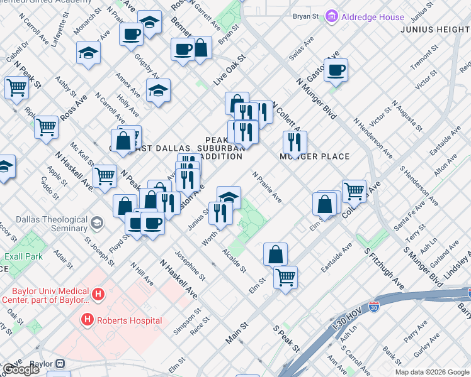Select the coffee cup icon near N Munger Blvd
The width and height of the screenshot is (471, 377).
tap(336, 70)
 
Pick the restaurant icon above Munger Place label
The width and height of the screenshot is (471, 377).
tap(294, 142)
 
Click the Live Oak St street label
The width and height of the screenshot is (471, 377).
tap(228, 70)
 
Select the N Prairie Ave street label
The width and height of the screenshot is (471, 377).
tap(267, 187)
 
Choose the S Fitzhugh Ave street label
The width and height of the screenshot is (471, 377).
tap(384, 268)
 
